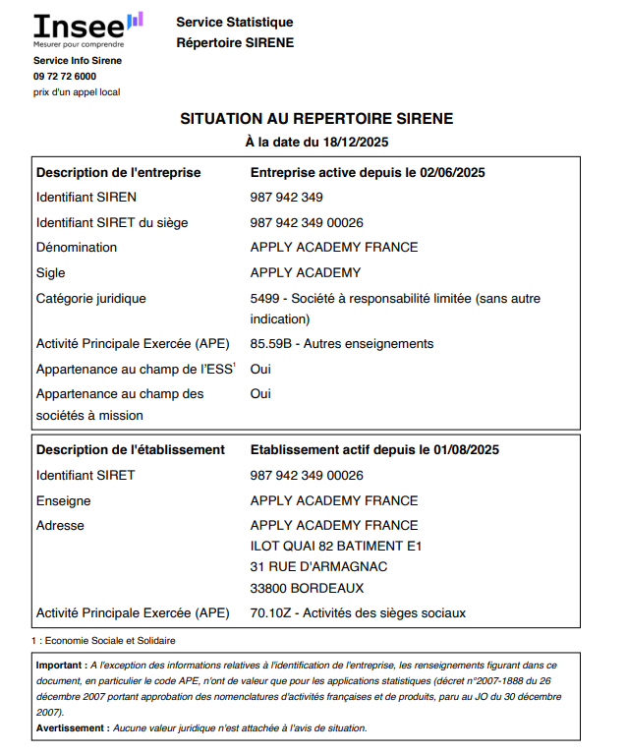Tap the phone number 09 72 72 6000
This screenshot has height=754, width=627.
click(x=65, y=76)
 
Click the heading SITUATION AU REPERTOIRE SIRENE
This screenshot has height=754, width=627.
click(x=316, y=118)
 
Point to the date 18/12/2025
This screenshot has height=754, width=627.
click(x=356, y=143)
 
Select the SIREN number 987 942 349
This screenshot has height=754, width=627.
click(x=287, y=197)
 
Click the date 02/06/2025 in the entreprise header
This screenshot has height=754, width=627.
click(x=452, y=172)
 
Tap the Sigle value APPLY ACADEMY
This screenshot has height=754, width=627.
click(x=306, y=272)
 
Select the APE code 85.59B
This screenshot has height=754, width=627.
click(x=270, y=343)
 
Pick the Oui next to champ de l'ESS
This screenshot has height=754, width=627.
click(x=260, y=369)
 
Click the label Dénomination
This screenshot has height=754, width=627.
click(x=77, y=247)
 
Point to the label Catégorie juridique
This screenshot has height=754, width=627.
click(x=91, y=298)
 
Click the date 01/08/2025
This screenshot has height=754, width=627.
click(x=467, y=449)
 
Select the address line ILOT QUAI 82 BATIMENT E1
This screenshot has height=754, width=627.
click(x=336, y=546)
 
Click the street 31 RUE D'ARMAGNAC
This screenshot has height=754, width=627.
click(x=319, y=566)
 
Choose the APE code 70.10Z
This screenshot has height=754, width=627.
click(x=270, y=612)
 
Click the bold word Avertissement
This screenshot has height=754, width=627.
click(x=71, y=728)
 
